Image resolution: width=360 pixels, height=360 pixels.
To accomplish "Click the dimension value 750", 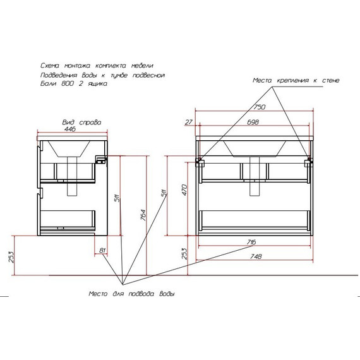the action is click(260, 107).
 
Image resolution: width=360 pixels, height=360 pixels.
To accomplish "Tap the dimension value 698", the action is click(253, 122).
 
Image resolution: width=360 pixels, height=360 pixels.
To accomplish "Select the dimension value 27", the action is click(188, 122).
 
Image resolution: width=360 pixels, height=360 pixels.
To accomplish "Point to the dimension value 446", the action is click(70, 129).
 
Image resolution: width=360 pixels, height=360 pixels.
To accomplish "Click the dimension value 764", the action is click(143, 215).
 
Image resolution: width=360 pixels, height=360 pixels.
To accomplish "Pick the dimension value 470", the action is click(184, 189).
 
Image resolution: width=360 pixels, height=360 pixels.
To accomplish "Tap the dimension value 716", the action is click(251, 242).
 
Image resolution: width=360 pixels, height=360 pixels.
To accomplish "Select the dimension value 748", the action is click(256, 256).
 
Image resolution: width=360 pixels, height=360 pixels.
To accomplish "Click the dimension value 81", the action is click(102, 250).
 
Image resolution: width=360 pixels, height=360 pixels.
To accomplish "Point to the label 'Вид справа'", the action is click(81, 123).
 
